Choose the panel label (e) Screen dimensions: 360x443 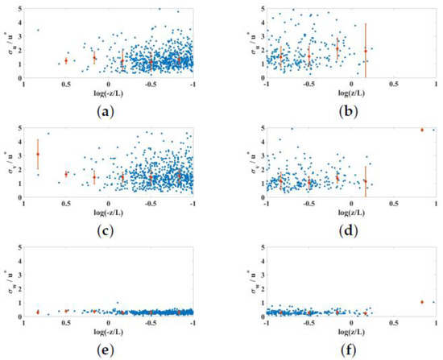point(109,348)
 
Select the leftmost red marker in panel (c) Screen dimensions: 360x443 point(37,155)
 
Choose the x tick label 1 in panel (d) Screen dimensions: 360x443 point(436,205)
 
